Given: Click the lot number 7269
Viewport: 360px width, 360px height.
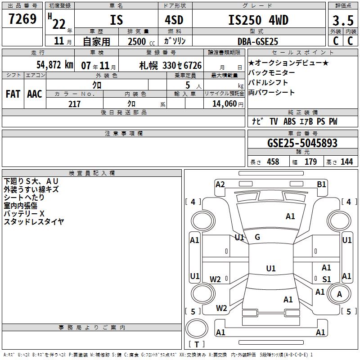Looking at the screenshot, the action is click(22, 19).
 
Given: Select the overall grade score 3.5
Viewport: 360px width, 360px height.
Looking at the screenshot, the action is click(343, 20).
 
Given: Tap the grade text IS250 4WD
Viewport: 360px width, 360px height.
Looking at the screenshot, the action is click(258, 20).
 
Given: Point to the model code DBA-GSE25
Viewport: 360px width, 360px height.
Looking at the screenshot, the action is click(258, 41).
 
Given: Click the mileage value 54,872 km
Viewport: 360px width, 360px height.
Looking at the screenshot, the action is click(55, 65).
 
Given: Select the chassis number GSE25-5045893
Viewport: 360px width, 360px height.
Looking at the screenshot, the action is click(302, 143).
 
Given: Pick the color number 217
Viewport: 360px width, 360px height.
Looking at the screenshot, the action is click(74, 104).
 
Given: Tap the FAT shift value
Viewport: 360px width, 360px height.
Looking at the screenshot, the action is click(13, 94).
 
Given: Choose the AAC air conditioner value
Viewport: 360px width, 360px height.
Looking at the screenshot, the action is click(35, 94).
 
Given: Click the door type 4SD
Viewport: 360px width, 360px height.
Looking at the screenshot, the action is click(174, 20).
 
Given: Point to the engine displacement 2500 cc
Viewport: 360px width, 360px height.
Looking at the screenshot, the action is click(141, 41).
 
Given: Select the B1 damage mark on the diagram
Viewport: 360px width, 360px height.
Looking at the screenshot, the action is click(321, 184).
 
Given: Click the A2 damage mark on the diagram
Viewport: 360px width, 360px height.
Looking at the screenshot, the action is click(220, 184).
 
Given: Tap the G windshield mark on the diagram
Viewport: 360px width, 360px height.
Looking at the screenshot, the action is click(257, 237).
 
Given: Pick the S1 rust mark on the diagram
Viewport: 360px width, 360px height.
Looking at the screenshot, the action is click(327, 279).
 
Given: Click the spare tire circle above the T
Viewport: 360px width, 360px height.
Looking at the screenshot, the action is click(197, 328).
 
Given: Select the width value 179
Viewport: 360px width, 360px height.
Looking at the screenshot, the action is click(310, 162).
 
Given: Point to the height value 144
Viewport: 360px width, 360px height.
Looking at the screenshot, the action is click(346, 162).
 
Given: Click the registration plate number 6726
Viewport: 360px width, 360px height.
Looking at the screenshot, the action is click(193, 65).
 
